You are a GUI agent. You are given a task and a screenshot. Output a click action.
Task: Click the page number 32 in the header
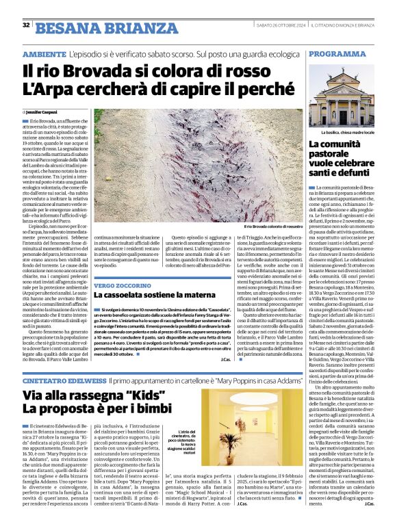(x=26, y=25)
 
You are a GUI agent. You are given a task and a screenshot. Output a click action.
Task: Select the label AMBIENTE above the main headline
(x=44, y=53)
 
